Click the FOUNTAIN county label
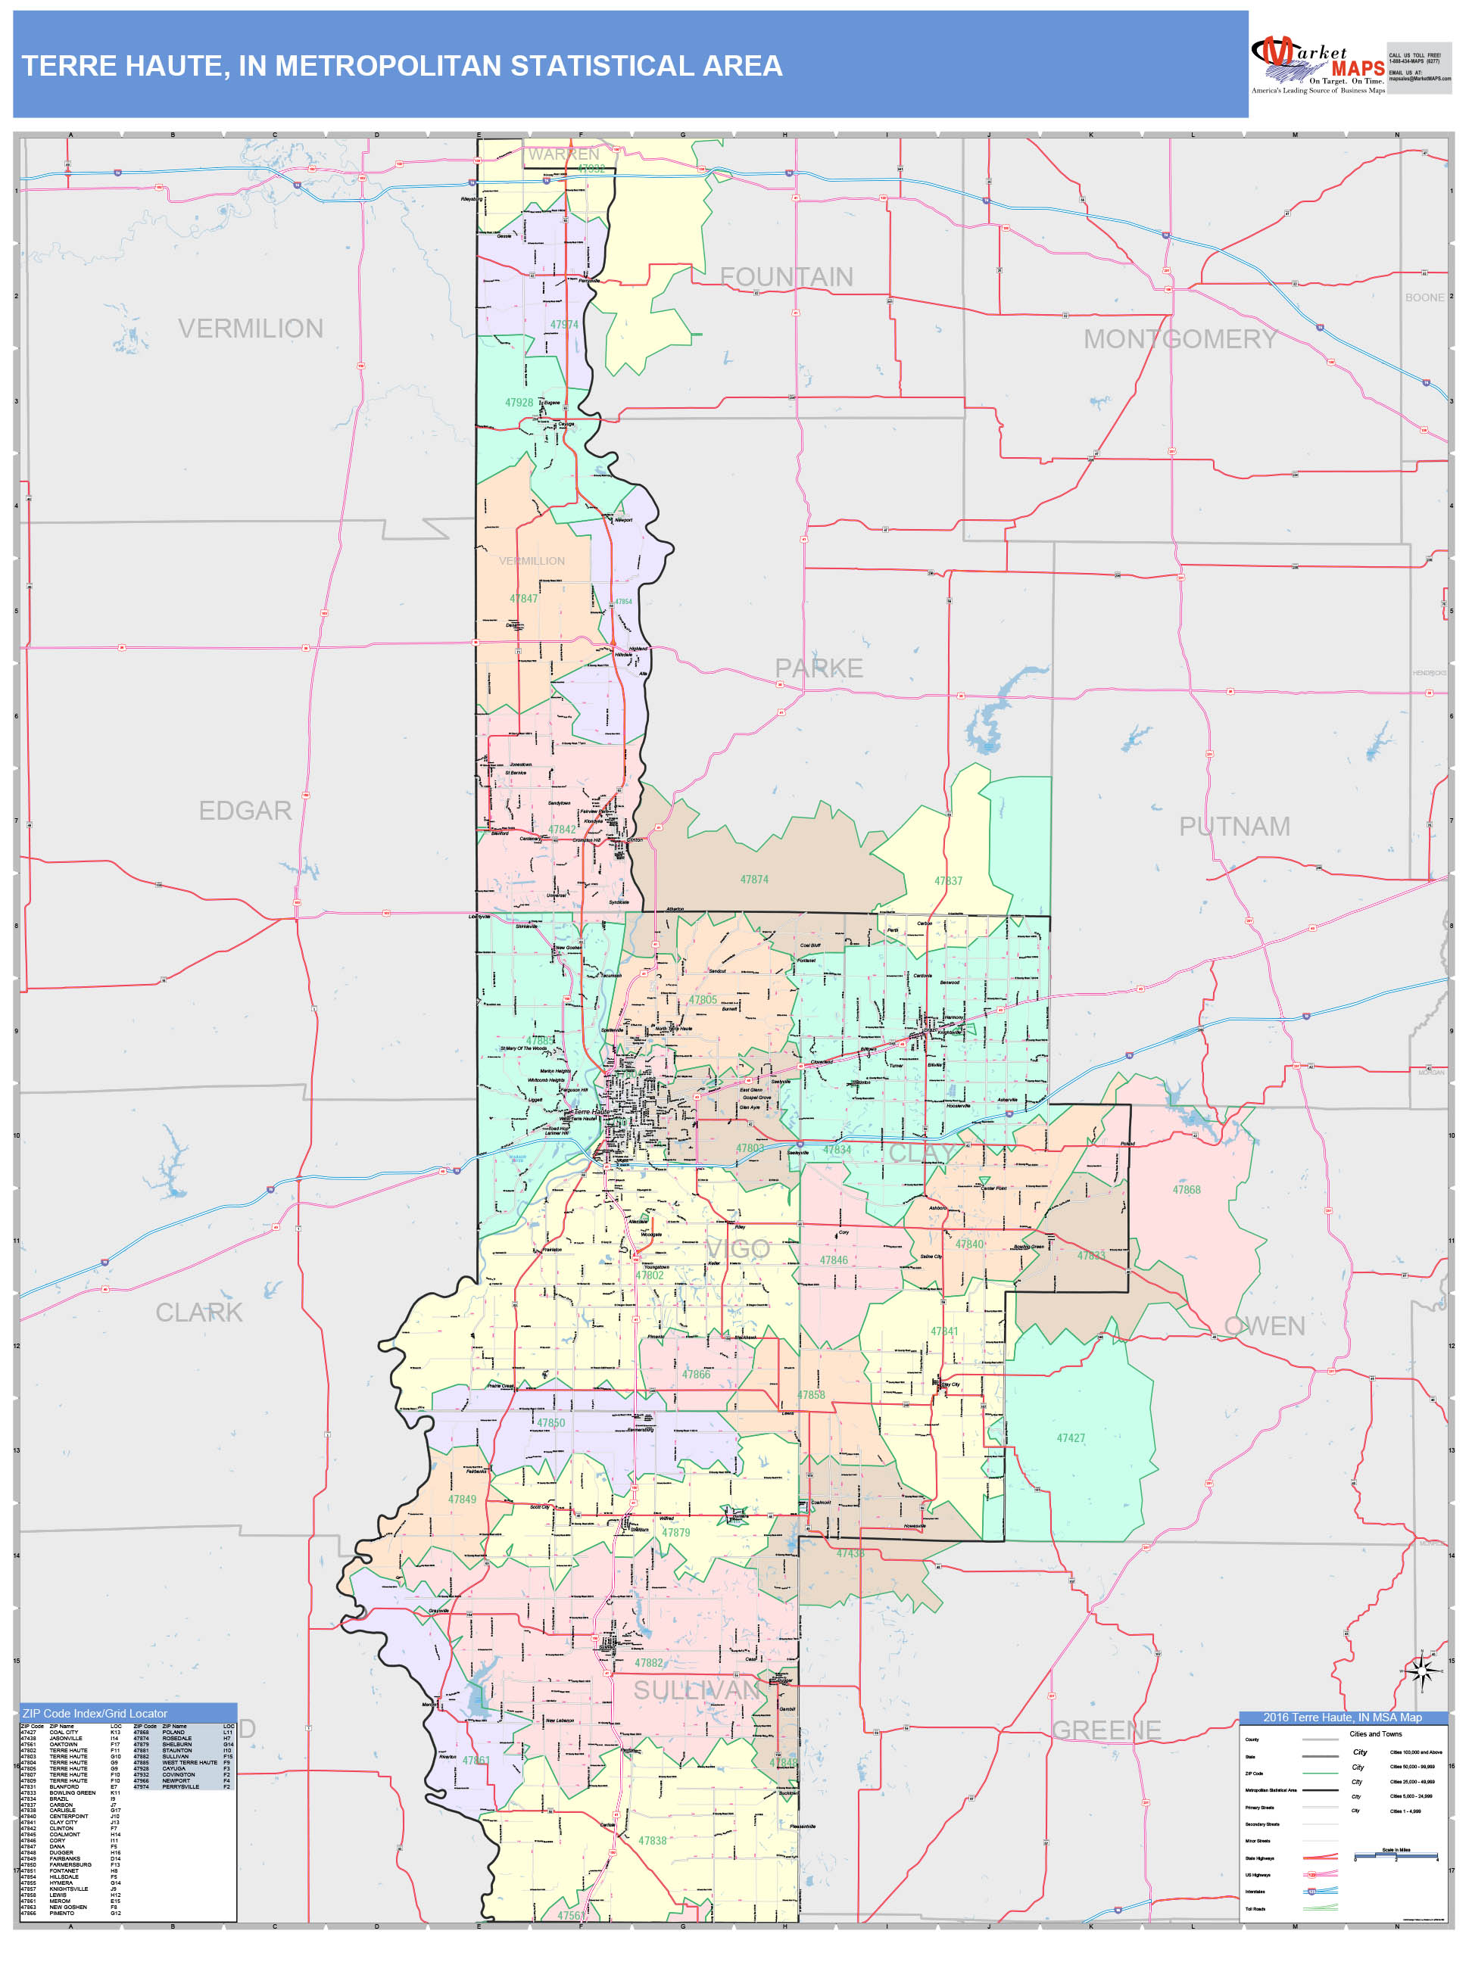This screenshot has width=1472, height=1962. click(785, 278)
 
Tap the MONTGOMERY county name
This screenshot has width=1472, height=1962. click(1179, 339)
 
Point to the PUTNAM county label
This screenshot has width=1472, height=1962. click(1233, 827)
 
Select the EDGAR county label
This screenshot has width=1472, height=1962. click(245, 811)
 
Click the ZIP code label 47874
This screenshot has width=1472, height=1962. click(754, 880)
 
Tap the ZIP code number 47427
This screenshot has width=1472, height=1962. click(1070, 1437)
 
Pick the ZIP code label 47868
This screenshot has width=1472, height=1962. click(1186, 1191)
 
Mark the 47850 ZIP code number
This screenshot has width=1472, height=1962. click(550, 1423)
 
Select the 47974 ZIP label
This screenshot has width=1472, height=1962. click(563, 325)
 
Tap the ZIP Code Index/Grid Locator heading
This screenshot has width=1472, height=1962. click(95, 1714)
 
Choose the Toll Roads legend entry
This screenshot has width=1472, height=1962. click(1255, 1909)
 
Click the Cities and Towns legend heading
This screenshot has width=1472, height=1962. click(1374, 1734)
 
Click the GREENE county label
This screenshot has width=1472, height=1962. click(1106, 1730)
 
